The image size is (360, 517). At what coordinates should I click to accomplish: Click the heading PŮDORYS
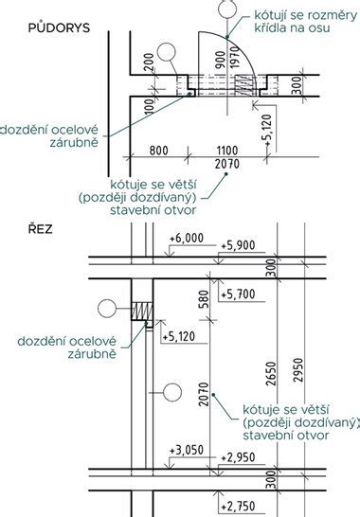59,27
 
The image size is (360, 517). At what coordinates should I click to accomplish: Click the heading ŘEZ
40,228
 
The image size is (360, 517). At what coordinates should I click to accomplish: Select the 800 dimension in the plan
159,151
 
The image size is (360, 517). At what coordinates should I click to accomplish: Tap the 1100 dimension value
227,151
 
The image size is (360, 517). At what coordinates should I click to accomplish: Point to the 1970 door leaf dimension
234,58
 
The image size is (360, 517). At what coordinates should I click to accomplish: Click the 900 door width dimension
220,60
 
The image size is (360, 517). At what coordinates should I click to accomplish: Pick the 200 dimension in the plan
150,62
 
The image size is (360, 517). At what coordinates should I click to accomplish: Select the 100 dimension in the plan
150,105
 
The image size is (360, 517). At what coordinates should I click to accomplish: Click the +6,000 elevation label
187,238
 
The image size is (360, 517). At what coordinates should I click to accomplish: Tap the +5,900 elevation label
238,245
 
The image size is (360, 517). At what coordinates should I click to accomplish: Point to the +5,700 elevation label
238,294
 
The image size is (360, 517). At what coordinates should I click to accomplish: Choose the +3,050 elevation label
187,451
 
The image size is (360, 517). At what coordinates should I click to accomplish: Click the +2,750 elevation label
238,507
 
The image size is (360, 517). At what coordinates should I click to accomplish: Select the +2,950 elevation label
238,457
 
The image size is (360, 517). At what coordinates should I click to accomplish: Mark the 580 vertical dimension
205,299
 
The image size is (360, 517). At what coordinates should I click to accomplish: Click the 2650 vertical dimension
271,374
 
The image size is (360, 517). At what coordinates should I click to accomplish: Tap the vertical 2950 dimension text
298,370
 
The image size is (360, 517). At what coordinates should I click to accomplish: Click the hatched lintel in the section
142,311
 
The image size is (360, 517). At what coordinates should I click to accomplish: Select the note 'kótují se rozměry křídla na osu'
306,22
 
